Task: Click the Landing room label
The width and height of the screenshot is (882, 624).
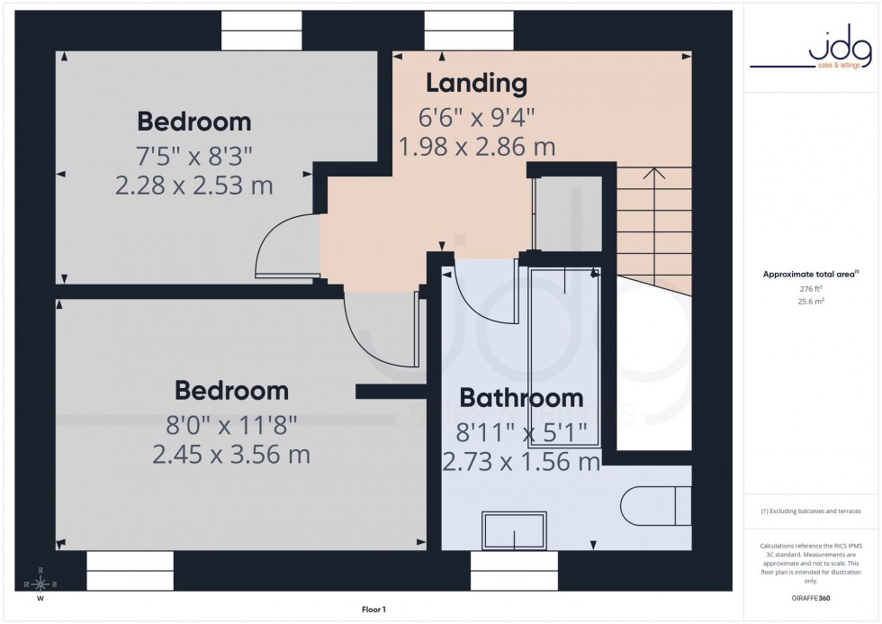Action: (x=476, y=84)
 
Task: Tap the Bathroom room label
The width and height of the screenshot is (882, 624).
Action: (x=521, y=398)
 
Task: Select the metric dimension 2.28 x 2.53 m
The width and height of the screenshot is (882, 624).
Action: (x=193, y=185)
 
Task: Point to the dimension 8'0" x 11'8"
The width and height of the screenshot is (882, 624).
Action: (x=231, y=423)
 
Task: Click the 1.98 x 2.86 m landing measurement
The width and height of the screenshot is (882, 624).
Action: (x=476, y=146)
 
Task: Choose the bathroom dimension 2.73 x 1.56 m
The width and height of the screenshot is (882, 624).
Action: (x=521, y=462)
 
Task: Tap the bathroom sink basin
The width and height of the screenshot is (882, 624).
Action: (x=513, y=530)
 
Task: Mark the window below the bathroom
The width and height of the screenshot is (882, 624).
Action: (x=514, y=571)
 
